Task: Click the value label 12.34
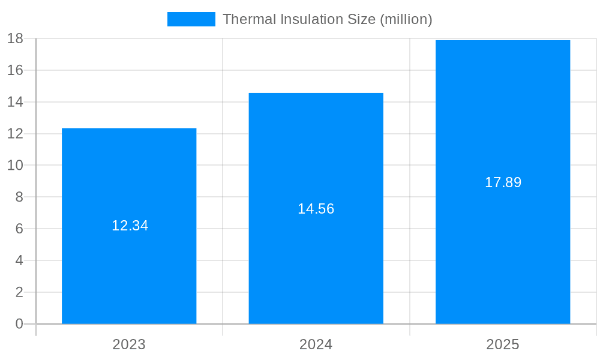pos(130,226)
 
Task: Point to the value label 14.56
pos(316,209)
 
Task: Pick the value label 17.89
pos(503,183)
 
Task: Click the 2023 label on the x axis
pos(129,345)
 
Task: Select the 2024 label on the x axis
pos(316,345)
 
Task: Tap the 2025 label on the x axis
pos(503,345)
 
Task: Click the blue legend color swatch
pos(191,19)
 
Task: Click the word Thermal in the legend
pos(245,19)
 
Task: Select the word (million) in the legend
pos(406,19)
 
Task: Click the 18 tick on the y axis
pos(15,38)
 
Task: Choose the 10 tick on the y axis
pos(15,166)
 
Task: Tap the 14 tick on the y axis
pos(15,102)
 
